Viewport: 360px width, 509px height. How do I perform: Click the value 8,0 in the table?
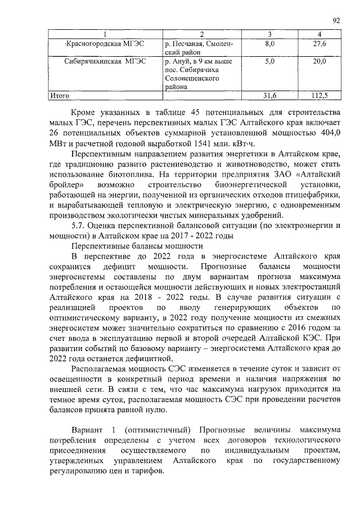pos(270,43)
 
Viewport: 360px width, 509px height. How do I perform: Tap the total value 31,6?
pos(270,96)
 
